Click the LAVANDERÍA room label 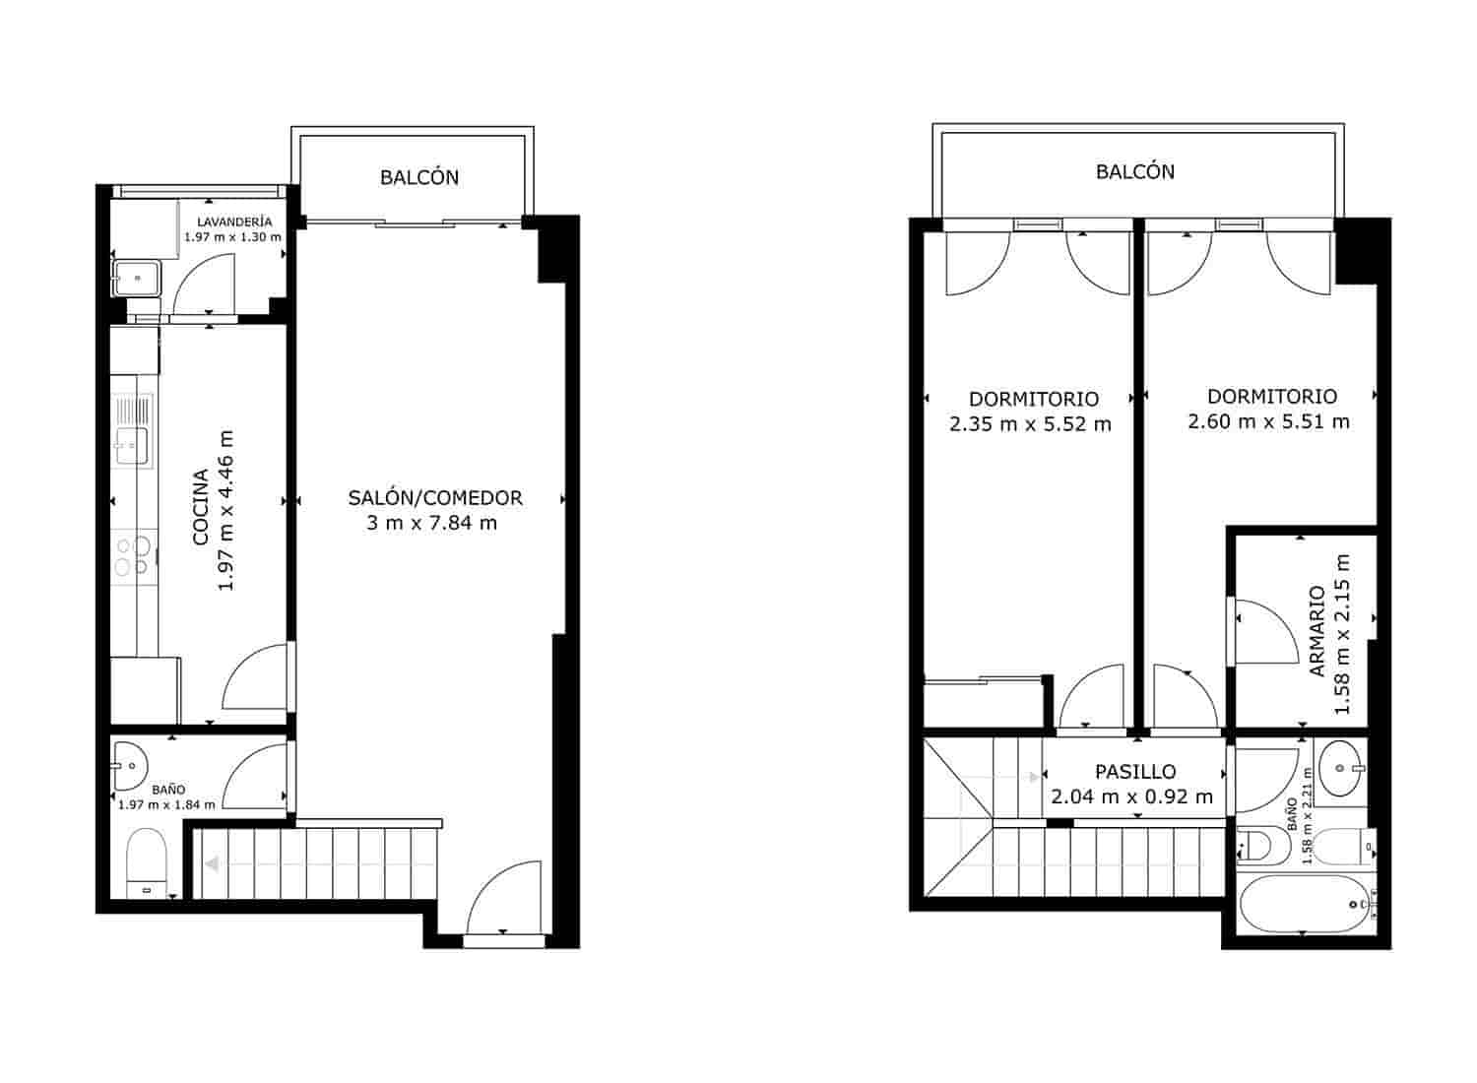(x=233, y=222)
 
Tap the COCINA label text (x=200, y=507)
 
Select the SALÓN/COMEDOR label (x=434, y=498)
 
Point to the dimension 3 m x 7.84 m (x=432, y=523)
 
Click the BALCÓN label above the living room (x=419, y=178)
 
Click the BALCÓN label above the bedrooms (x=1135, y=171)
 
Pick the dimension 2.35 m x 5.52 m (x=1031, y=424)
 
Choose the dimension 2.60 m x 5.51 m (x=1268, y=421)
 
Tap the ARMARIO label (x=1316, y=631)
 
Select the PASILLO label (x=1135, y=772)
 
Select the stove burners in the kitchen (x=132, y=555)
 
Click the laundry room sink (x=137, y=278)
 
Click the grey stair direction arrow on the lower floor (x=212, y=864)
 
